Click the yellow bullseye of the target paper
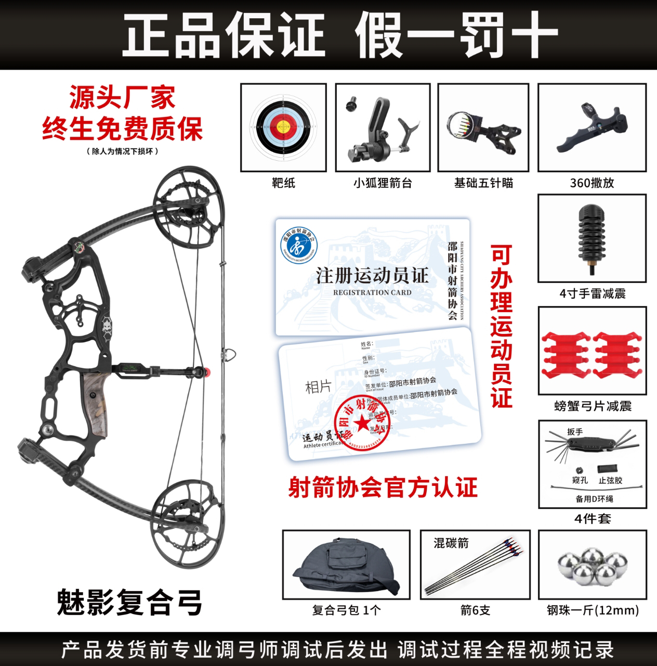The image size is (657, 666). [x=283, y=126]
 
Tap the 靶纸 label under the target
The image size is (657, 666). [x=283, y=183]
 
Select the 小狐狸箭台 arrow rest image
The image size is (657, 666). [x=382, y=127]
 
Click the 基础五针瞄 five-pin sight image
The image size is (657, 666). [x=482, y=127]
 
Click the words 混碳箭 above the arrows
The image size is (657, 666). [x=451, y=543]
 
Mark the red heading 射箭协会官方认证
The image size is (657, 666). [x=383, y=488]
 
